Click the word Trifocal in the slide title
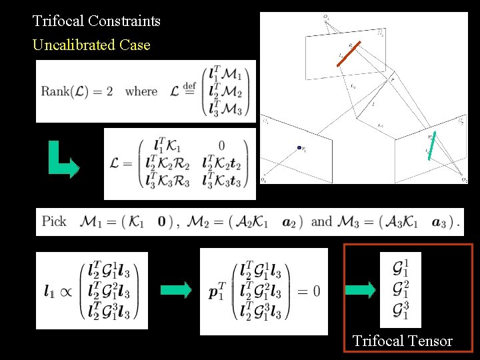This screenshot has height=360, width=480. point(58,21)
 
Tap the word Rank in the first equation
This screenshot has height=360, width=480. point(55,91)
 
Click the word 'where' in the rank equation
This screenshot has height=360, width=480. point(141,91)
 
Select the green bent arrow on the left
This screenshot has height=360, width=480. point(63,160)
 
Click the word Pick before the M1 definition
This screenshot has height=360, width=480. point(54,221)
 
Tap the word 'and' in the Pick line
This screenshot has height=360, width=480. point(321,221)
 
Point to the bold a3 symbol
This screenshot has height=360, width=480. point(439,222)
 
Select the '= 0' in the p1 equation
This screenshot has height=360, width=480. point(307,291)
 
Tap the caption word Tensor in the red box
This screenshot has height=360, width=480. point(428,341)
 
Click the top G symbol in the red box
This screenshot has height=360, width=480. point(400,268)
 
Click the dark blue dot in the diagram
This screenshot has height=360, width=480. point(299,148)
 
